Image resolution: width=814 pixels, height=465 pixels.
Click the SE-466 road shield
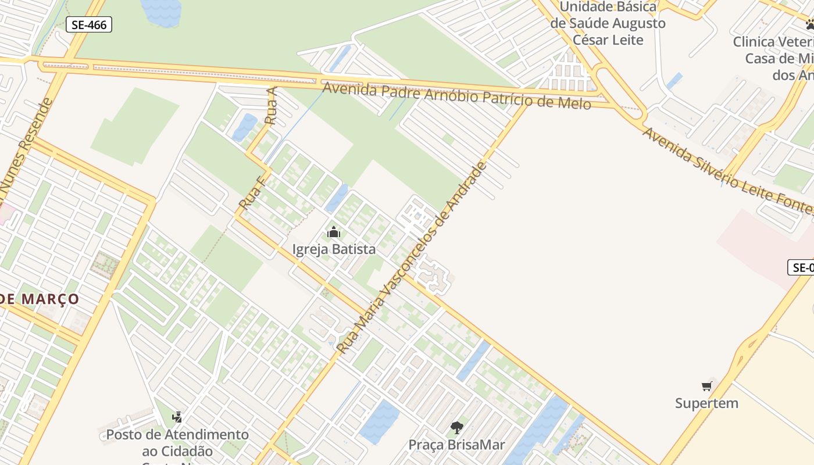click(x=88, y=24)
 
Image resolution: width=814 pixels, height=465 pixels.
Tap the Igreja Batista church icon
click(x=334, y=233)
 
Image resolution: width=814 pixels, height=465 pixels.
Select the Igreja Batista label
click(x=334, y=249)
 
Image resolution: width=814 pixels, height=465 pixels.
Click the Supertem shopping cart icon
click(x=707, y=386)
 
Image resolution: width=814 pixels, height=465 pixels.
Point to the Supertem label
click(x=706, y=403)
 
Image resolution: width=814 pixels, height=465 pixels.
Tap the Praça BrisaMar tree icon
click(x=457, y=428)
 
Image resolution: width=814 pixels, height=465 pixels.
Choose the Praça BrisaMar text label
click(x=456, y=445)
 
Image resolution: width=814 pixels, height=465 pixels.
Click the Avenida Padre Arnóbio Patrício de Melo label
click(x=456, y=95)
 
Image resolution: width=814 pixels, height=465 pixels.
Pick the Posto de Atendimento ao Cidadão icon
click(x=177, y=417)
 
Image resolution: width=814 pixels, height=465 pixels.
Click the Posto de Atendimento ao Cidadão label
click(x=177, y=442)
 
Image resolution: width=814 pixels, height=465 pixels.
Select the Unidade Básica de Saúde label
click(x=608, y=23)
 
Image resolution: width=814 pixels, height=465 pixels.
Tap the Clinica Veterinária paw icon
click(x=809, y=24)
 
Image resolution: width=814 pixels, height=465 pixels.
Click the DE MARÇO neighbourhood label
click(x=40, y=299)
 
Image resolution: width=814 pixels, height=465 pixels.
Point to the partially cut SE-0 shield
click(x=801, y=267)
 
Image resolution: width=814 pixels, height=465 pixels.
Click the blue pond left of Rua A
click(x=245, y=127)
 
